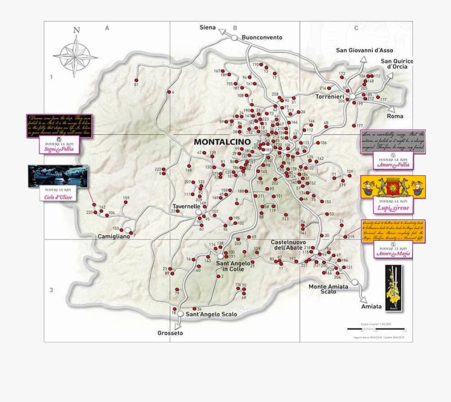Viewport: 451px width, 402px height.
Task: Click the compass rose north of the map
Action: click(x=76, y=54)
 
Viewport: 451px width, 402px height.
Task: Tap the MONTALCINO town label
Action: click(x=222, y=142)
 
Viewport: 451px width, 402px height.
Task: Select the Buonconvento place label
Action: click(x=262, y=37)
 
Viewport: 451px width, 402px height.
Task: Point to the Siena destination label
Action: click(x=207, y=27)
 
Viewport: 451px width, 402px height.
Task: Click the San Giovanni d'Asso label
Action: click(x=364, y=50)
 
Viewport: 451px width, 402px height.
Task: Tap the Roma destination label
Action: click(x=395, y=116)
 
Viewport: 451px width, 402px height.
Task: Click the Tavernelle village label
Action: click(x=186, y=206)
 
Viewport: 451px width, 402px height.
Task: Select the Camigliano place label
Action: click(x=114, y=236)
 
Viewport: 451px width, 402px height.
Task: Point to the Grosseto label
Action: click(x=170, y=333)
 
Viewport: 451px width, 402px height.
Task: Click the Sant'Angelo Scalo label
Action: click(x=211, y=314)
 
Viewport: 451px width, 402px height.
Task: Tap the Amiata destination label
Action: click(x=371, y=306)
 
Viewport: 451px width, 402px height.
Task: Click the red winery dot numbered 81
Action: click(x=136, y=80)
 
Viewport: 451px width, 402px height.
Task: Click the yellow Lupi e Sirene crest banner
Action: click(x=393, y=187)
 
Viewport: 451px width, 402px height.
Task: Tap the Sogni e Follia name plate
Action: click(x=59, y=145)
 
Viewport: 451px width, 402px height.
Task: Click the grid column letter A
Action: click(x=107, y=28)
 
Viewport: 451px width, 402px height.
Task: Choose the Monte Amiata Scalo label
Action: click(x=328, y=288)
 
